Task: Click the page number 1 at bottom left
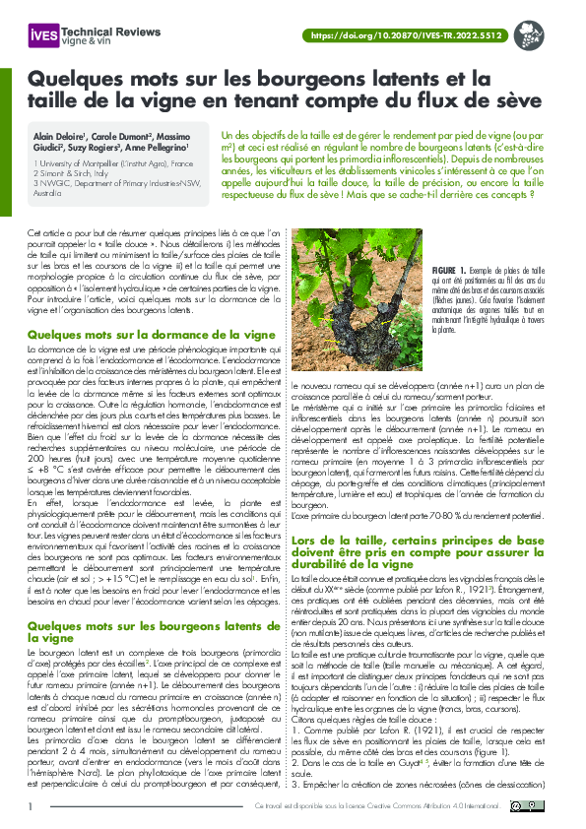coord(31,807)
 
